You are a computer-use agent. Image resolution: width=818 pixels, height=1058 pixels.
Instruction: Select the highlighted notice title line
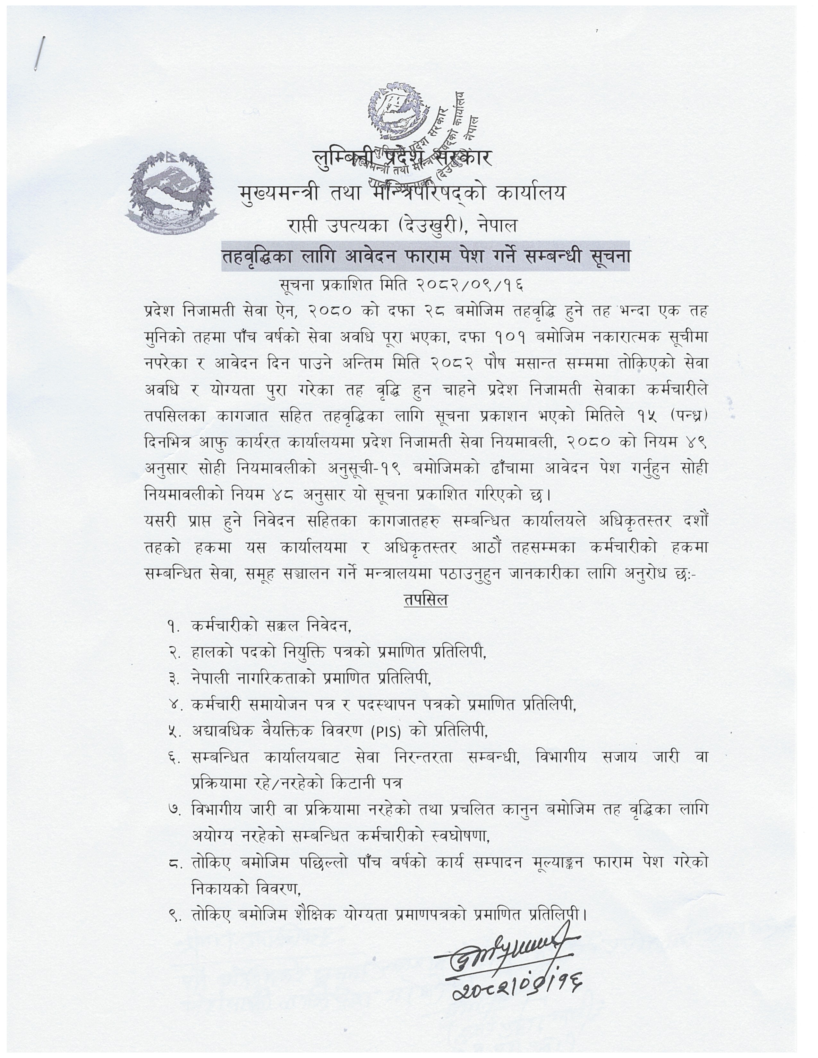tap(425, 256)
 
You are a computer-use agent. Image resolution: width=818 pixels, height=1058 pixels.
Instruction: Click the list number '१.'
tap(174, 627)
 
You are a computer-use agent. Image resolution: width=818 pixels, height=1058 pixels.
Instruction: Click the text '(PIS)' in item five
tap(386, 732)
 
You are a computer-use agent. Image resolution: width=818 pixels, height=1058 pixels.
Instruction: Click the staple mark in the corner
tap(39, 53)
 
